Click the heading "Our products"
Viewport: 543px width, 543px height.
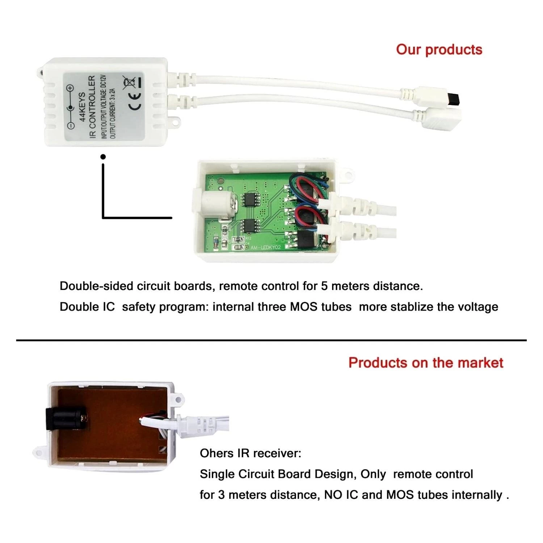439,50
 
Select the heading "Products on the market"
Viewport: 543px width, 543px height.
426,363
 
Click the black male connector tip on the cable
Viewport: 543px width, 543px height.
456,98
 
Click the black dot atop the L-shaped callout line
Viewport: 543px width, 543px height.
103,157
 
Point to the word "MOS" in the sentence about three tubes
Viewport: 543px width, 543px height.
302,307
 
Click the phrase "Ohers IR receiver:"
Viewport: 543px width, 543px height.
250,453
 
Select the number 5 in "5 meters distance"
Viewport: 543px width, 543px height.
324,286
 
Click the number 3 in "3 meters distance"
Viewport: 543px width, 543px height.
221,495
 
